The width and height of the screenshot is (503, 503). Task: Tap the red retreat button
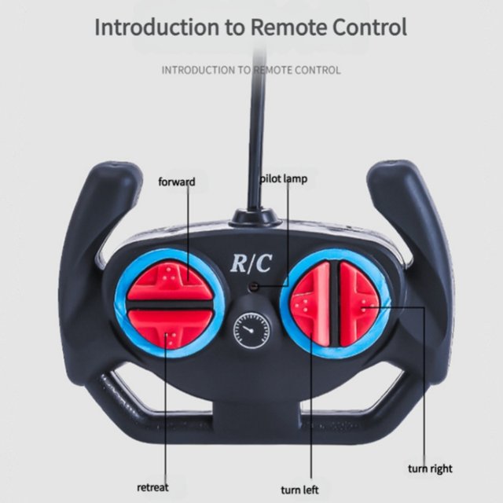[169, 332]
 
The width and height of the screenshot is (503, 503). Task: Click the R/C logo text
[251, 263]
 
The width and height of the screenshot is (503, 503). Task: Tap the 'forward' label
[176, 182]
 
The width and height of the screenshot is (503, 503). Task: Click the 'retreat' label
[152, 487]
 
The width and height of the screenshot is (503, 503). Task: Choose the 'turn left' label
[301, 490]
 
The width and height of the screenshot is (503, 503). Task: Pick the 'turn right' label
[430, 469]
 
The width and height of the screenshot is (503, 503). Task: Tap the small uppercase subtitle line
[251, 70]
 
